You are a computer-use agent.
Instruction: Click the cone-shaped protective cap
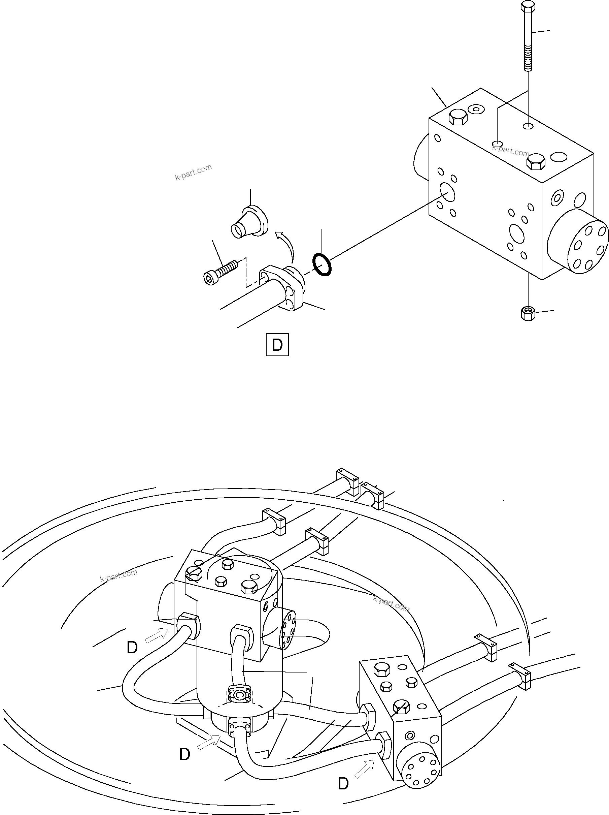coord(248,222)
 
